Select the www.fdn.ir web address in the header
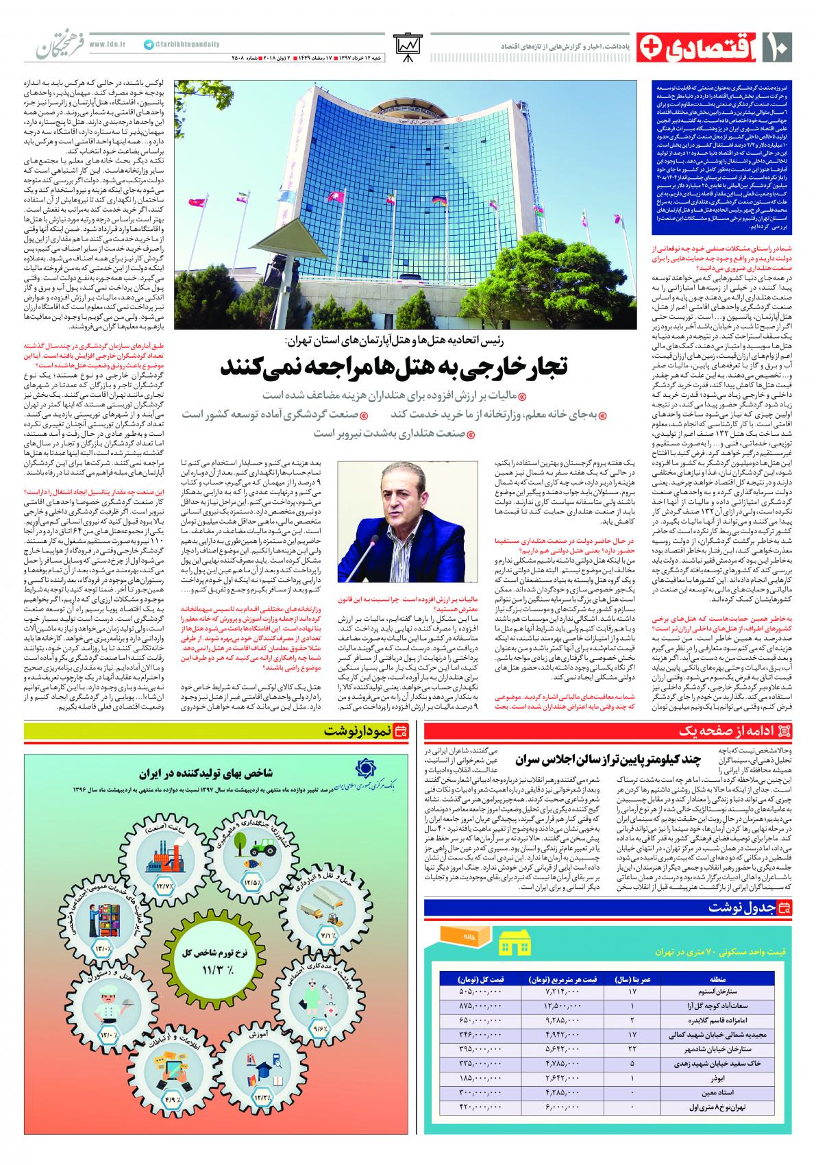(105, 44)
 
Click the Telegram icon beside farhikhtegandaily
(149, 44)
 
